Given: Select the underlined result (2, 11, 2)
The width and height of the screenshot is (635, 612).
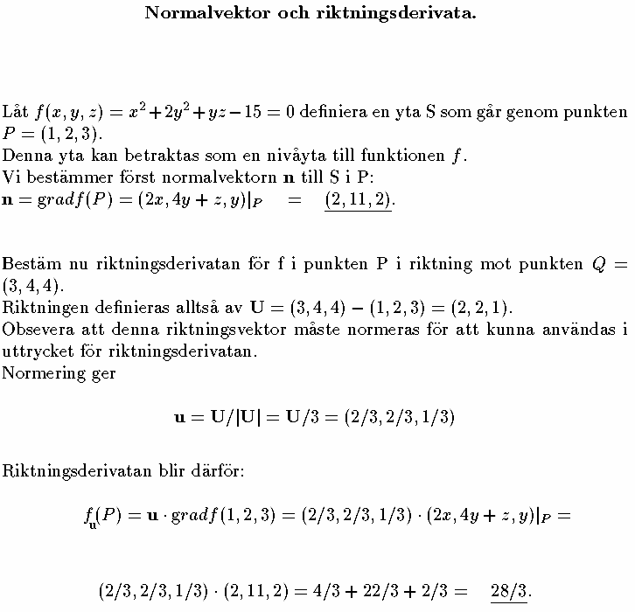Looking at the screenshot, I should (x=359, y=200).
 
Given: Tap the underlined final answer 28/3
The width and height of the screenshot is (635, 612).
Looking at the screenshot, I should (x=510, y=590).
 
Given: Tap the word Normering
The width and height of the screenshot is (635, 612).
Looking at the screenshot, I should (x=38, y=373).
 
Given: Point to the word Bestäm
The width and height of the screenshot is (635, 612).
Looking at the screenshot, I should (x=28, y=264).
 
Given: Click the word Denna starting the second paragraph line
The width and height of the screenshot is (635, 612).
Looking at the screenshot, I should (x=24, y=156).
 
